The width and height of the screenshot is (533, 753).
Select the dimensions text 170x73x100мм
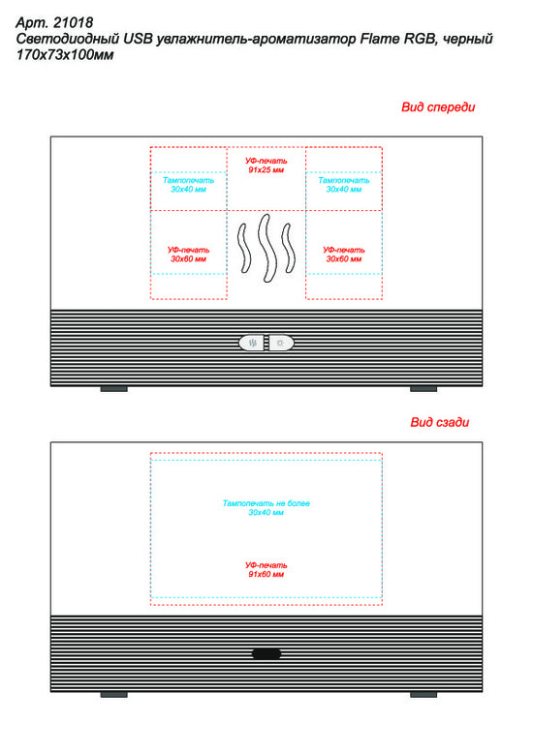click(65, 55)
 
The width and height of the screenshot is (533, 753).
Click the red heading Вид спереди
click(438, 107)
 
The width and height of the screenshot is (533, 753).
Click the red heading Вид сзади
click(440, 422)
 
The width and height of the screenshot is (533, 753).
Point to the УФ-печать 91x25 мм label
click(266, 166)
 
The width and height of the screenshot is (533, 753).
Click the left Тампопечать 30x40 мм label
click(189, 185)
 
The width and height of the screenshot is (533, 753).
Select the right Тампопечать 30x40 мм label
click(344, 185)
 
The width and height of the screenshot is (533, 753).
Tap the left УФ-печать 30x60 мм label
click(189, 255)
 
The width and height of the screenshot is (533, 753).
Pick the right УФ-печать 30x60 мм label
click(344, 255)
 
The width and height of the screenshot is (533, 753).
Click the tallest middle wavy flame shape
click(266, 248)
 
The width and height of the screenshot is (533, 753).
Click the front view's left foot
click(114, 388)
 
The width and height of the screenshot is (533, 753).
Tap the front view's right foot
click(423, 388)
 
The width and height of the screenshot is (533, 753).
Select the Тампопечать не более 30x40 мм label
click(266, 507)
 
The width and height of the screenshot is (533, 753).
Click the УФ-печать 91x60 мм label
click(266, 569)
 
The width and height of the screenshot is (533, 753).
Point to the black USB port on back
click(266, 653)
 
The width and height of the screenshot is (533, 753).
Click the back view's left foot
click(114, 694)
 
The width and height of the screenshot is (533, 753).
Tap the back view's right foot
click(423, 694)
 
